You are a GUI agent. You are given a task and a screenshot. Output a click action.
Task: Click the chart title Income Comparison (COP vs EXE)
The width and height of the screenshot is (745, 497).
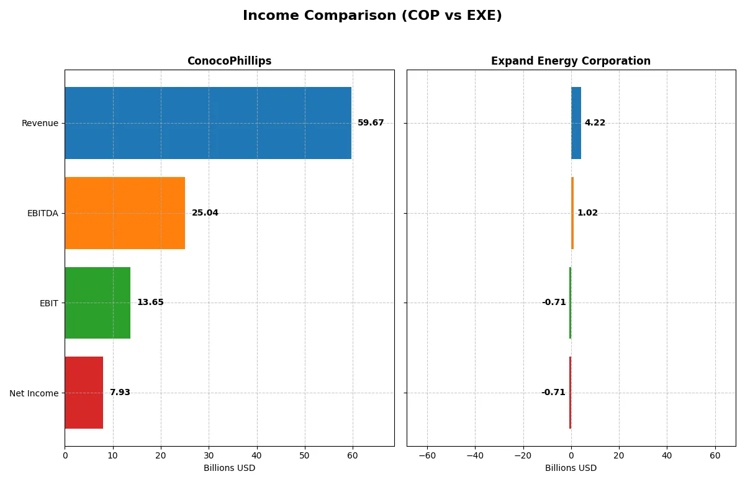point(372,16)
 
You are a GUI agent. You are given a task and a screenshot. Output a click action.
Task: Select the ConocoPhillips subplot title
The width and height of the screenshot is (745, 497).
point(229,61)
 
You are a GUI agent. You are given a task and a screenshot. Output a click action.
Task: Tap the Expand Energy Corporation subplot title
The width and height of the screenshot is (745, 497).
point(571,61)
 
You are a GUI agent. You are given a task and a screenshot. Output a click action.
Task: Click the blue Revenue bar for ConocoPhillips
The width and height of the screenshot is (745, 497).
point(208,123)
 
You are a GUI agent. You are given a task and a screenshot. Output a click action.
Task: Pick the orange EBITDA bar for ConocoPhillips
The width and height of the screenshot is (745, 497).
point(125,213)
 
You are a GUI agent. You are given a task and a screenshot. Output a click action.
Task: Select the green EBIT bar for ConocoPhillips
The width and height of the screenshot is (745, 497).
point(97,303)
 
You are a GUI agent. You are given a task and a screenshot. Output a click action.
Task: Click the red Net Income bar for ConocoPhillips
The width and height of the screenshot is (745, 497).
point(84,393)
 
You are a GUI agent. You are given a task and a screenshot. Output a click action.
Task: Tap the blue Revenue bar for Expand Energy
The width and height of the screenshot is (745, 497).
point(576,123)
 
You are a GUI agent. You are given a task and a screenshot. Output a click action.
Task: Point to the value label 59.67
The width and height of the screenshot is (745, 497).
point(371,123)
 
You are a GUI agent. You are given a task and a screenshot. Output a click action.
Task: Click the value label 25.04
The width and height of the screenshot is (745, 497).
point(205,213)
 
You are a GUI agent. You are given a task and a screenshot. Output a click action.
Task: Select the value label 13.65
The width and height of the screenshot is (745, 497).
point(150,303)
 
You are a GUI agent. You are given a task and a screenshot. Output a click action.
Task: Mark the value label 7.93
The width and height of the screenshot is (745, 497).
point(120,393)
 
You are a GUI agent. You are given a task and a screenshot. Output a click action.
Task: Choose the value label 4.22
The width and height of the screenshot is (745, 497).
point(595,123)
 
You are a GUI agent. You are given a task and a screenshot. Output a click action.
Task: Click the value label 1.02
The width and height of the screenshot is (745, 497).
point(587,213)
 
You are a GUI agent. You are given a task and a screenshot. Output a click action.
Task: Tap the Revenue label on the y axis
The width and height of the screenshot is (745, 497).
point(40,123)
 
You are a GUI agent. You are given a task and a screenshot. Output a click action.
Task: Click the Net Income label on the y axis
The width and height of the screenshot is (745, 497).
point(34,393)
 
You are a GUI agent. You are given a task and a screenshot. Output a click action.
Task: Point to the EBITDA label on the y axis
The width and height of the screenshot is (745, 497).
point(43,213)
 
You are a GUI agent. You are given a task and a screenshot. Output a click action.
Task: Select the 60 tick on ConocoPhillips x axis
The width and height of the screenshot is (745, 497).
point(353,456)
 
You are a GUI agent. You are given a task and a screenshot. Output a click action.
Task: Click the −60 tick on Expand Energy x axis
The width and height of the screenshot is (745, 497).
point(427,456)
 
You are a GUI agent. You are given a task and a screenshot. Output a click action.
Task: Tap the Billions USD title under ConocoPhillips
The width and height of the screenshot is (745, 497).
point(229,468)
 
